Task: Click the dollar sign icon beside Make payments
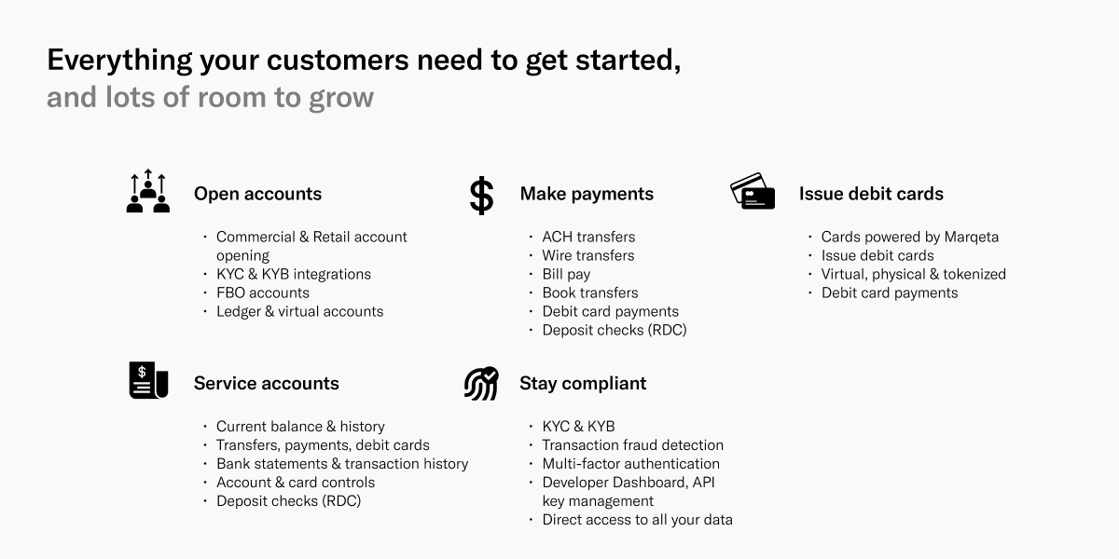click(x=481, y=196)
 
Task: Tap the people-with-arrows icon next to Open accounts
click(x=148, y=191)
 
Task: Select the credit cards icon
click(x=753, y=191)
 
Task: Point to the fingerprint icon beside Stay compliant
click(x=481, y=383)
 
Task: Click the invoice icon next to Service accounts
click(x=148, y=380)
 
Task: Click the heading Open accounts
click(x=257, y=194)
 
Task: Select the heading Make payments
click(x=587, y=194)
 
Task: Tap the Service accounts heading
click(x=267, y=383)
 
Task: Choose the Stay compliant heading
click(x=583, y=383)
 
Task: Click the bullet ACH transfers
click(x=588, y=237)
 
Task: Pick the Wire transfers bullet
click(x=588, y=255)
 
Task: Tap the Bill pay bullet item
click(x=566, y=275)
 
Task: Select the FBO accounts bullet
click(x=263, y=293)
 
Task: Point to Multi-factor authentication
click(x=631, y=464)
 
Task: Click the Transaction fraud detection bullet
click(x=632, y=445)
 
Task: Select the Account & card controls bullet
click(x=296, y=483)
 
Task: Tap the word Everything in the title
click(x=119, y=61)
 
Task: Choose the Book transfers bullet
click(x=590, y=293)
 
